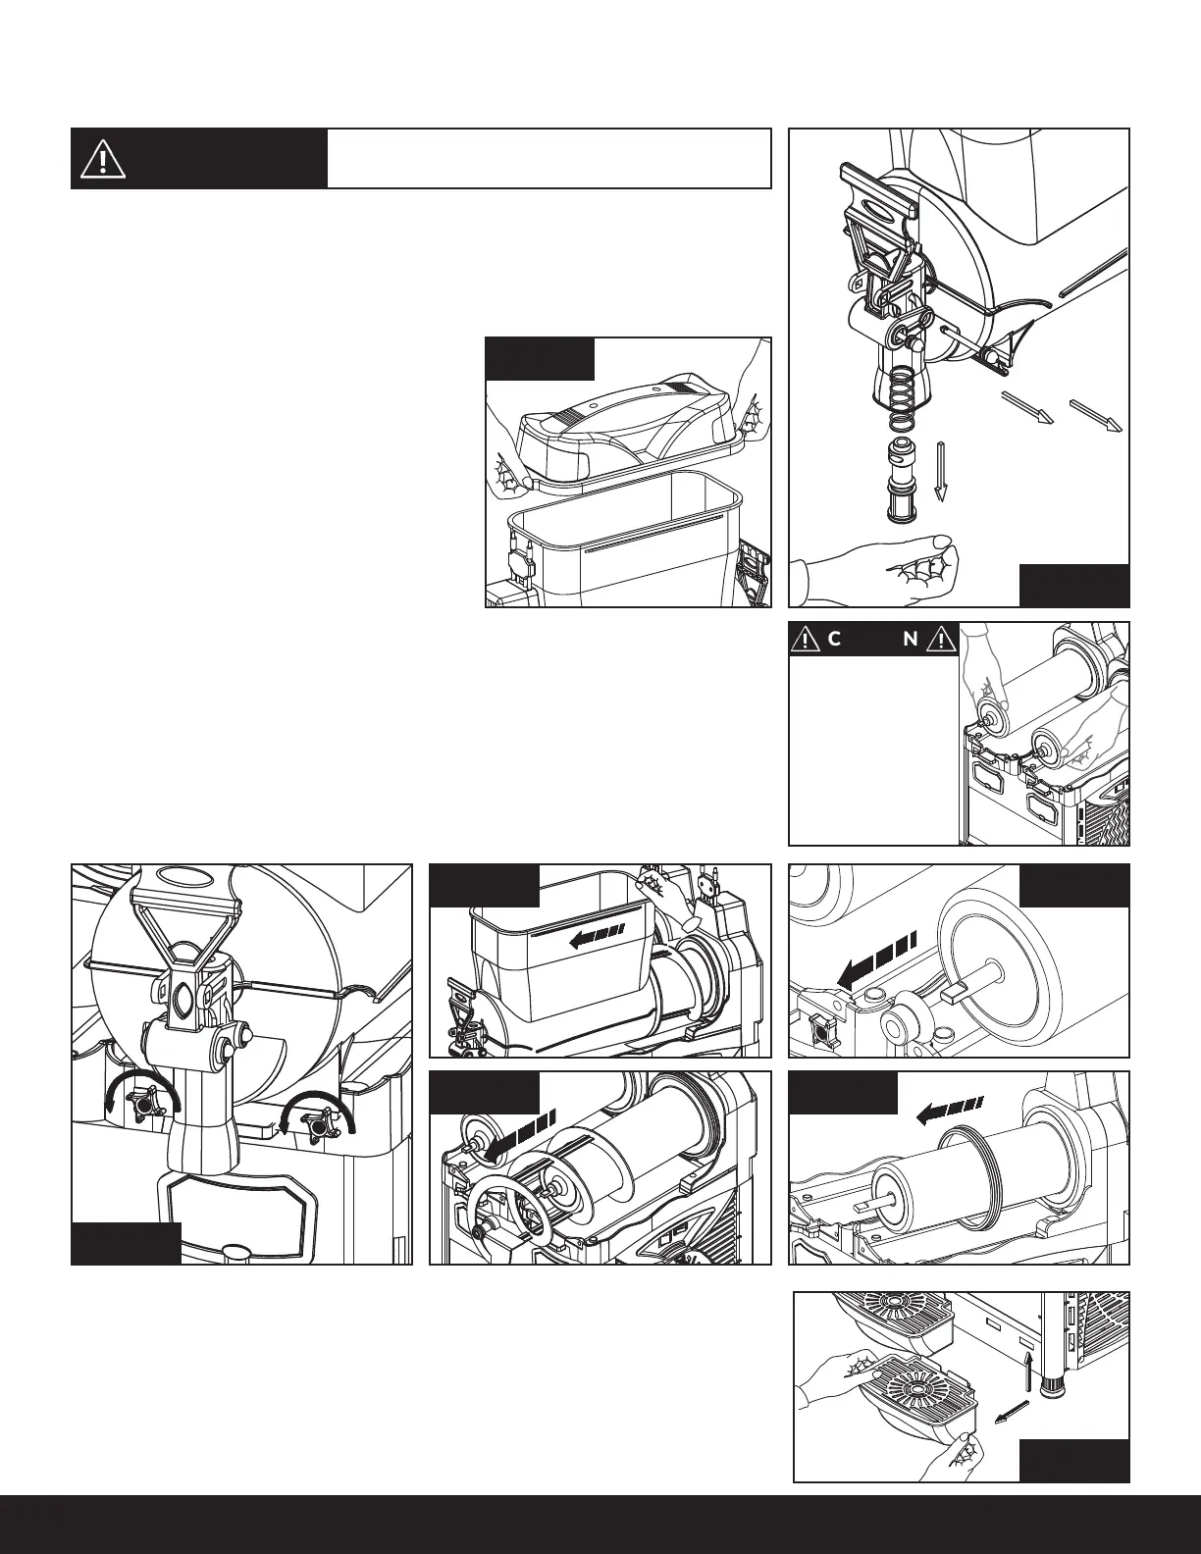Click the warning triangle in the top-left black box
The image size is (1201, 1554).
[103, 158]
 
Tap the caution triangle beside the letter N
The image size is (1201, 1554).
[941, 641]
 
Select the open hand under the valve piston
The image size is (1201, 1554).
[883, 569]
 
